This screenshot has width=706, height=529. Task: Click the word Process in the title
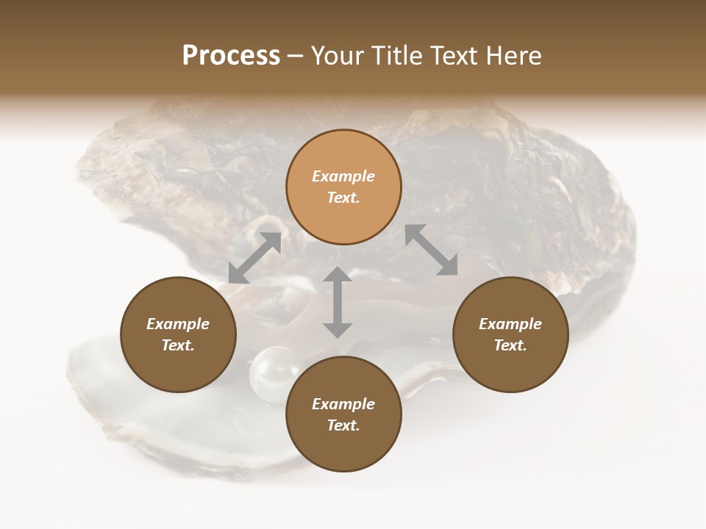pyautogui.click(x=231, y=56)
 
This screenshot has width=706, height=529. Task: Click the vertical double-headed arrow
pyautogui.click(x=338, y=302)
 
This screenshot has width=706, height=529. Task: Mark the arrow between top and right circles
pyautogui.click(x=432, y=250)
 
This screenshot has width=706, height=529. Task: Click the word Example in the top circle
pyautogui.click(x=343, y=176)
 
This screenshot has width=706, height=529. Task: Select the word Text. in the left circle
pyautogui.click(x=178, y=345)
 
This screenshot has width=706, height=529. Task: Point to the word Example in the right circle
pyautogui.click(x=510, y=324)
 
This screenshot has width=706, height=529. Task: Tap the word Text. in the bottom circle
pyautogui.click(x=343, y=425)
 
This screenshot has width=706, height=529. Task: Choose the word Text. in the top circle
pyautogui.click(x=343, y=198)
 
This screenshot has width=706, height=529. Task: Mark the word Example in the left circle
pyautogui.click(x=178, y=324)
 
